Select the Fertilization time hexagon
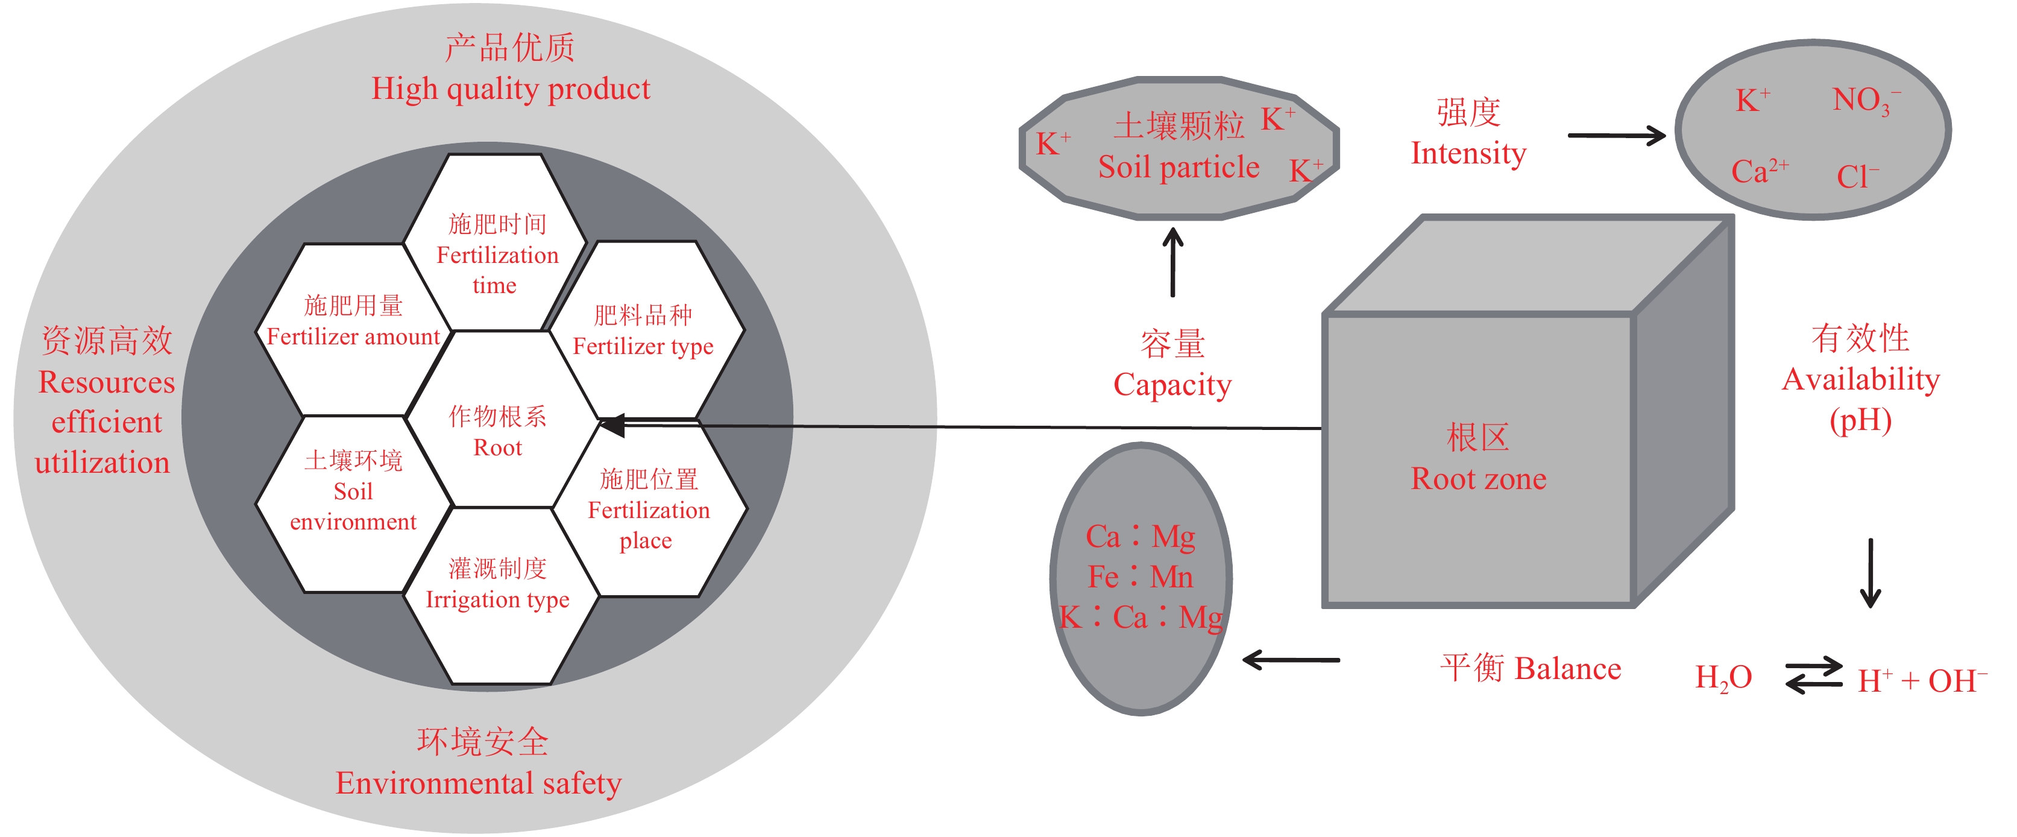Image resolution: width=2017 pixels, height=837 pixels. tap(497, 254)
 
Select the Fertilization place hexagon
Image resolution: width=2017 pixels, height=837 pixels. tap(649, 510)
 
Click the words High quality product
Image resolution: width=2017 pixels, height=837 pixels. tap(511, 89)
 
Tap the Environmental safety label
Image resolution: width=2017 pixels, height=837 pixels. tap(479, 783)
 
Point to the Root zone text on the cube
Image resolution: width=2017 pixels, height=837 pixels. tap(1478, 478)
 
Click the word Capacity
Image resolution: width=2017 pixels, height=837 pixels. tap(1172, 385)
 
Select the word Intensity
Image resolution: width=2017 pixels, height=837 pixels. tap(1468, 153)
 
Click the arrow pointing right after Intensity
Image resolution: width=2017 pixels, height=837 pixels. tap(1616, 136)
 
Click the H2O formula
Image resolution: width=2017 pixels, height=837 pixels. tap(1723, 678)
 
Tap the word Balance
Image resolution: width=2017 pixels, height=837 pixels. tap(1567, 669)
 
